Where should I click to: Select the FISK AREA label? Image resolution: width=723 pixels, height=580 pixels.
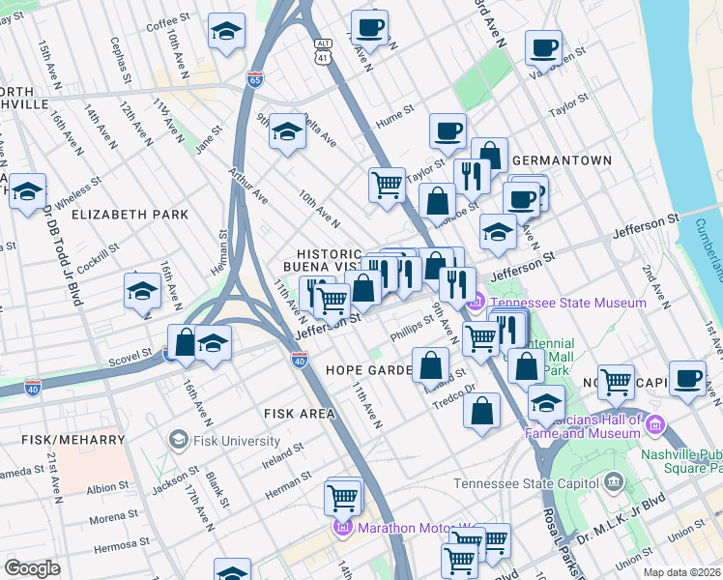tap(300, 414)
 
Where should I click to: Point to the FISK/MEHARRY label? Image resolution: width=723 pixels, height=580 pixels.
tap(62, 439)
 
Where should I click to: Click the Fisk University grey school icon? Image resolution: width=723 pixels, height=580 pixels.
tap(178, 441)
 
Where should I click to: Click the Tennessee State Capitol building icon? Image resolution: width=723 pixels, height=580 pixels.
tap(613, 481)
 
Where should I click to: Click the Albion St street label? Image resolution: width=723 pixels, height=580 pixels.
tap(101, 489)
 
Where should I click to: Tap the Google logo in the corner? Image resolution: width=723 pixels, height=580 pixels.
tap(32, 568)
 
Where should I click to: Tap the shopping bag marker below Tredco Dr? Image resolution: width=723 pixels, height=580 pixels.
tap(481, 410)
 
